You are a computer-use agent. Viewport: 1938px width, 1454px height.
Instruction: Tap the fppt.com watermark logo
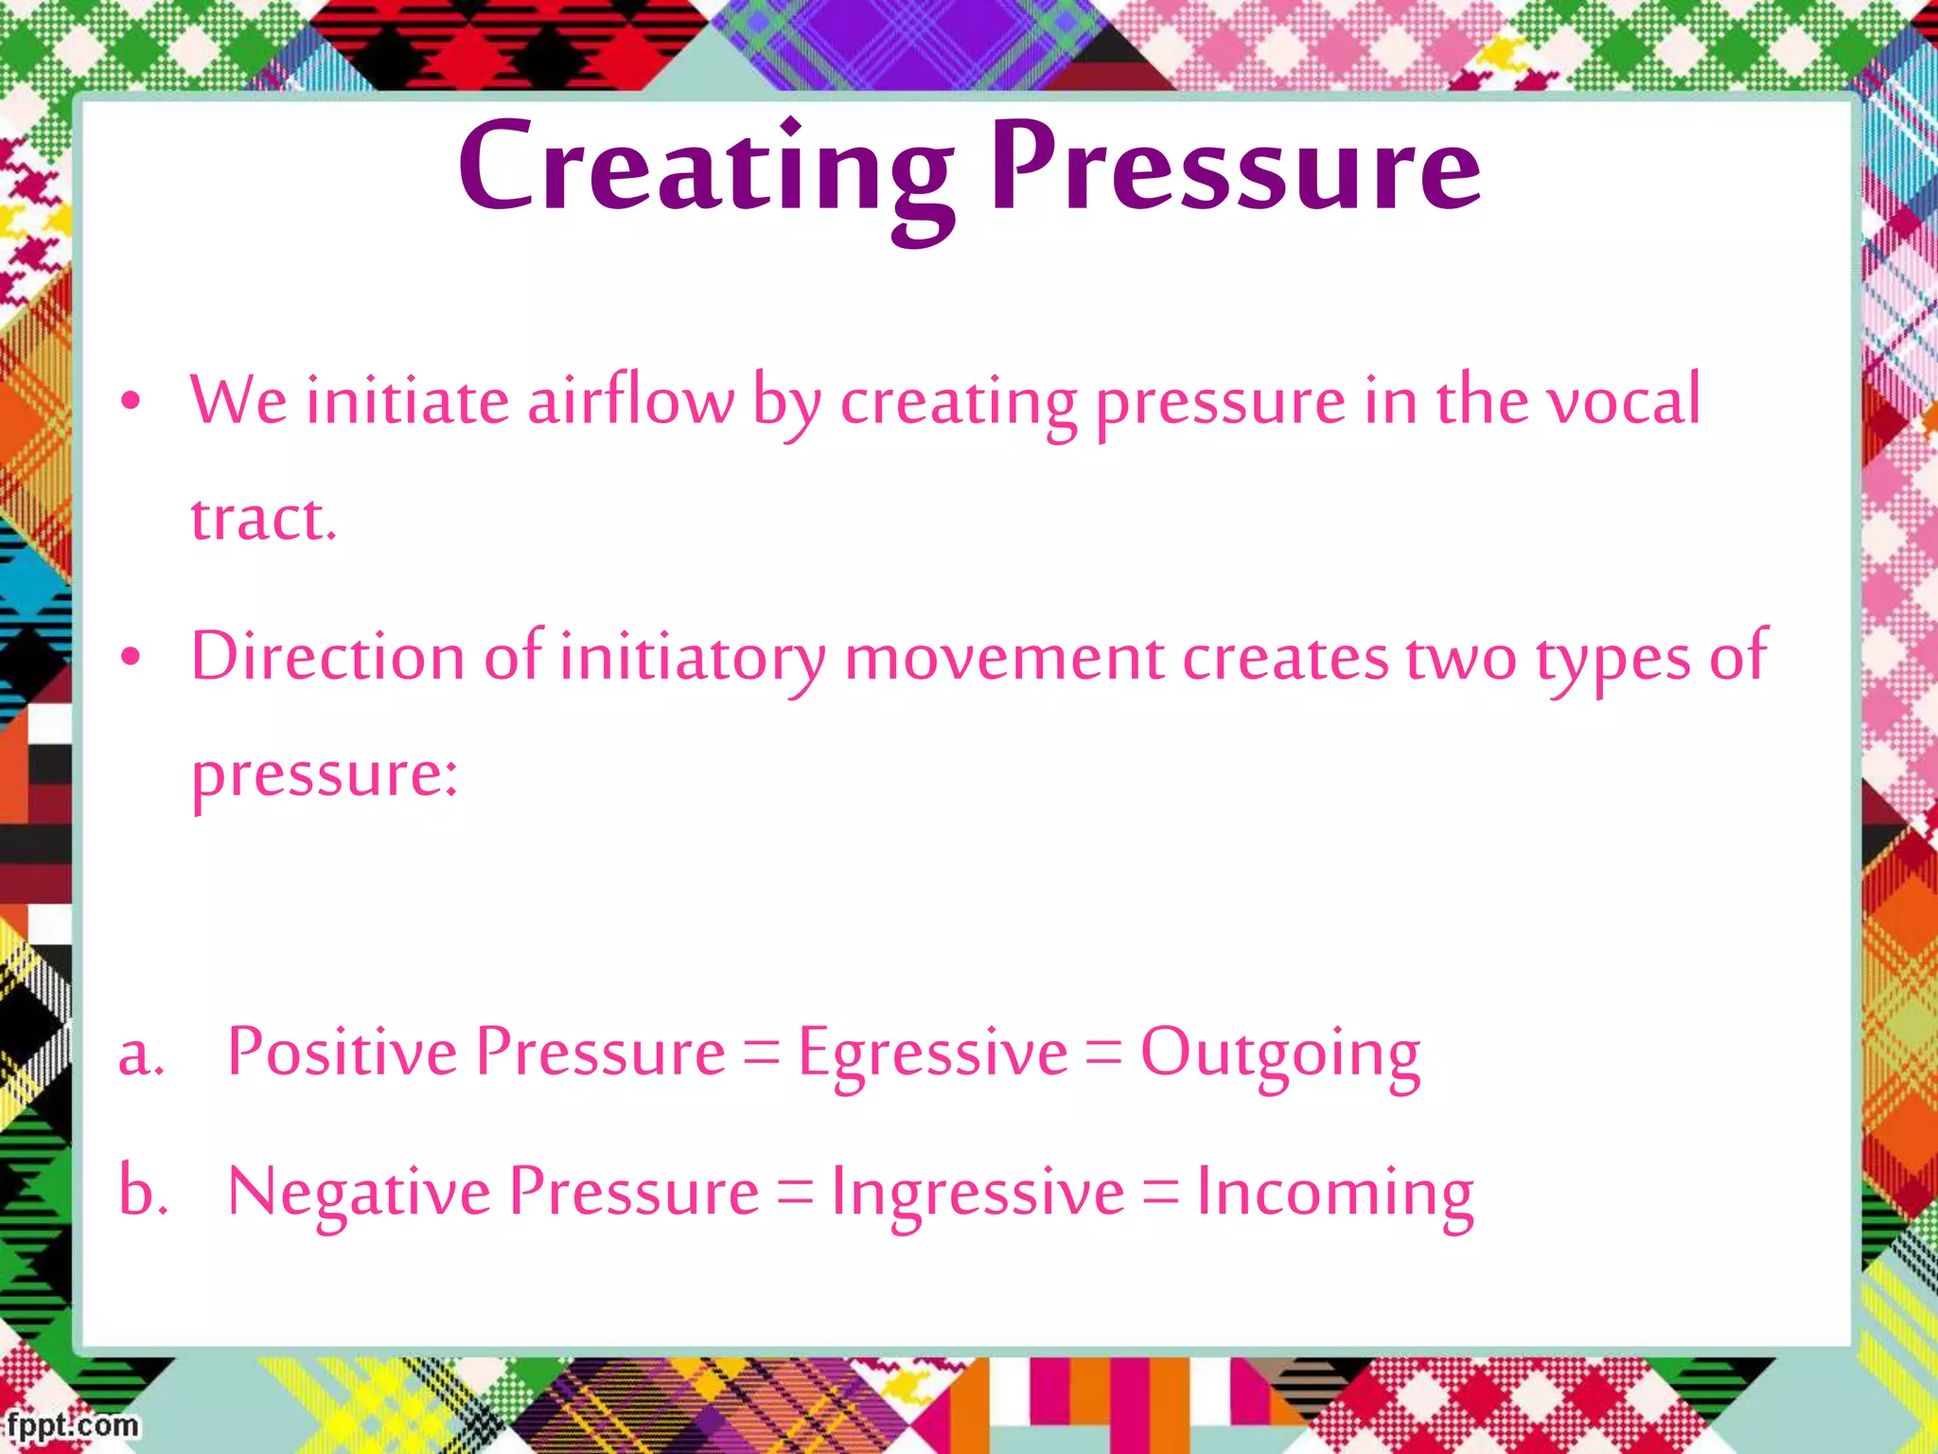(x=72, y=1426)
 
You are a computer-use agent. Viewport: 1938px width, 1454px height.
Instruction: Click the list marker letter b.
(x=140, y=1191)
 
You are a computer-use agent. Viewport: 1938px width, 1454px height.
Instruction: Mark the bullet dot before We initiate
(x=132, y=401)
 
